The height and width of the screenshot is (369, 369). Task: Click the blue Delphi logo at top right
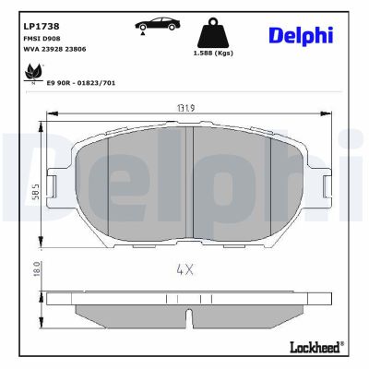pyautogui.click(x=301, y=35)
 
